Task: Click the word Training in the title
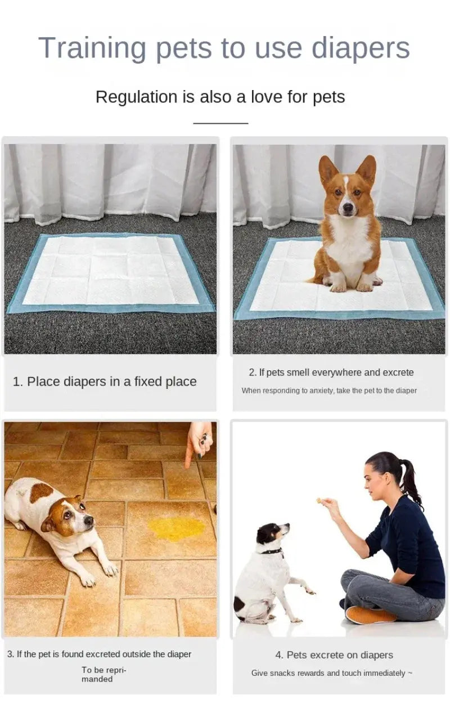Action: pyautogui.click(x=92, y=48)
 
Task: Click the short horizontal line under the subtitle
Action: pyautogui.click(x=220, y=123)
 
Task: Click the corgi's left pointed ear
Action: pyautogui.click(x=327, y=169)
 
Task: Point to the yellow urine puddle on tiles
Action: pyautogui.click(x=177, y=529)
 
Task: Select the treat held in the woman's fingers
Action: pyautogui.click(x=319, y=500)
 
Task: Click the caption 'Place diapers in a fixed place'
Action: pyautogui.click(x=105, y=382)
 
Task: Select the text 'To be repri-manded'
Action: pyautogui.click(x=103, y=674)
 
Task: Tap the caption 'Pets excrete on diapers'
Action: pyautogui.click(x=334, y=654)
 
